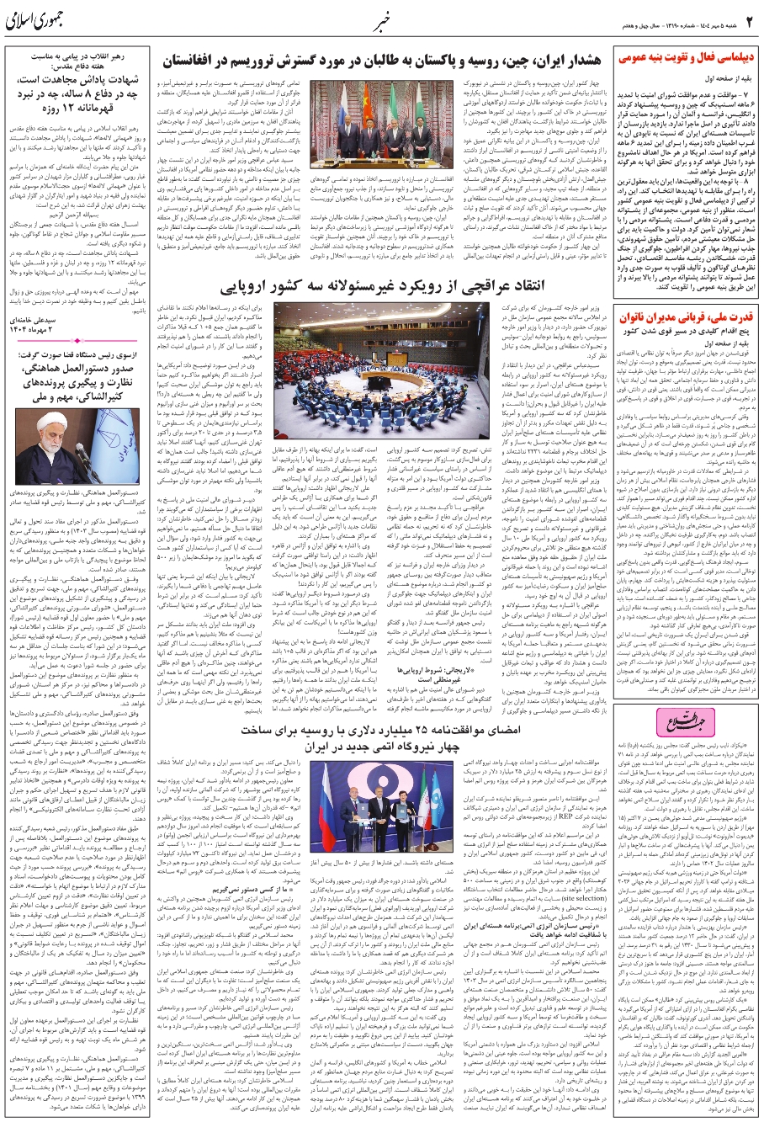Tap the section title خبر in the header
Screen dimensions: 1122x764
click(x=380, y=19)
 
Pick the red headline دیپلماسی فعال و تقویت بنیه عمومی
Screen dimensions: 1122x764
click(x=686, y=59)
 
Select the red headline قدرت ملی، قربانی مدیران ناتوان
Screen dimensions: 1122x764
click(x=686, y=317)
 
